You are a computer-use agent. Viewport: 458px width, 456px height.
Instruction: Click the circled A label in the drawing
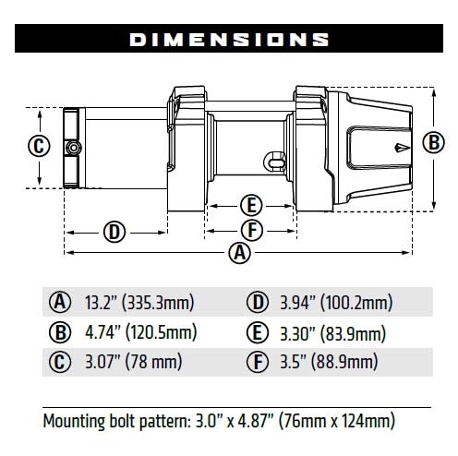coord(239,252)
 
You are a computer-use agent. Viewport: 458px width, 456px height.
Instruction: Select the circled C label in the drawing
coord(38,146)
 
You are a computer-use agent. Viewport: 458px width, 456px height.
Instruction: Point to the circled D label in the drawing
coord(114,231)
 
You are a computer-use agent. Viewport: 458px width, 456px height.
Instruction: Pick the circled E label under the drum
coord(249,205)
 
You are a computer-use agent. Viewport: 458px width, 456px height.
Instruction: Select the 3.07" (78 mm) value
coord(121,362)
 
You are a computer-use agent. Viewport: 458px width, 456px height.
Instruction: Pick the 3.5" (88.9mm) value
coord(328,362)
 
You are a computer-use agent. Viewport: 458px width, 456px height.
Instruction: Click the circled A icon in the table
coord(60,303)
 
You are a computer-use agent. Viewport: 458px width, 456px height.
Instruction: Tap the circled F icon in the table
coord(258,362)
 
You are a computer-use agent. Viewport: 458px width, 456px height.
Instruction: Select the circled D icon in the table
coord(258,303)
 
